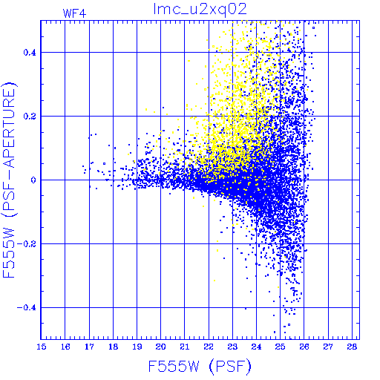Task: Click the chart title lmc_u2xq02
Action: click(200, 10)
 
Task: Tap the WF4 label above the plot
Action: click(74, 13)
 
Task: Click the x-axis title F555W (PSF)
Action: click(200, 366)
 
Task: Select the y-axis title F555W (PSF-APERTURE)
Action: click(9, 180)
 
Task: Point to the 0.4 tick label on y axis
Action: click(30, 53)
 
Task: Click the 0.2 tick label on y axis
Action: click(30, 117)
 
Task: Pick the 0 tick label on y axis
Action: click(33, 180)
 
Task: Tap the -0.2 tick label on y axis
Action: click(27, 244)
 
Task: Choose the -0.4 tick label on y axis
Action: click(27, 308)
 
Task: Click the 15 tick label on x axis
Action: click(42, 347)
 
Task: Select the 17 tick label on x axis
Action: click(89, 347)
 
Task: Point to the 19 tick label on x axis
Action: click(137, 347)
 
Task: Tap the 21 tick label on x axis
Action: click(185, 347)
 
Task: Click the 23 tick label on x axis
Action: click(232, 347)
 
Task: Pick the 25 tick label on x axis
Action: click(281, 347)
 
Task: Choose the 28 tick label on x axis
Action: click(352, 347)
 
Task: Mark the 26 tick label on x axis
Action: click(304, 347)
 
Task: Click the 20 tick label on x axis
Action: click(161, 347)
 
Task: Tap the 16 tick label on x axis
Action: click(65, 347)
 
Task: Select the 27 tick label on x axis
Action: click(328, 347)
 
